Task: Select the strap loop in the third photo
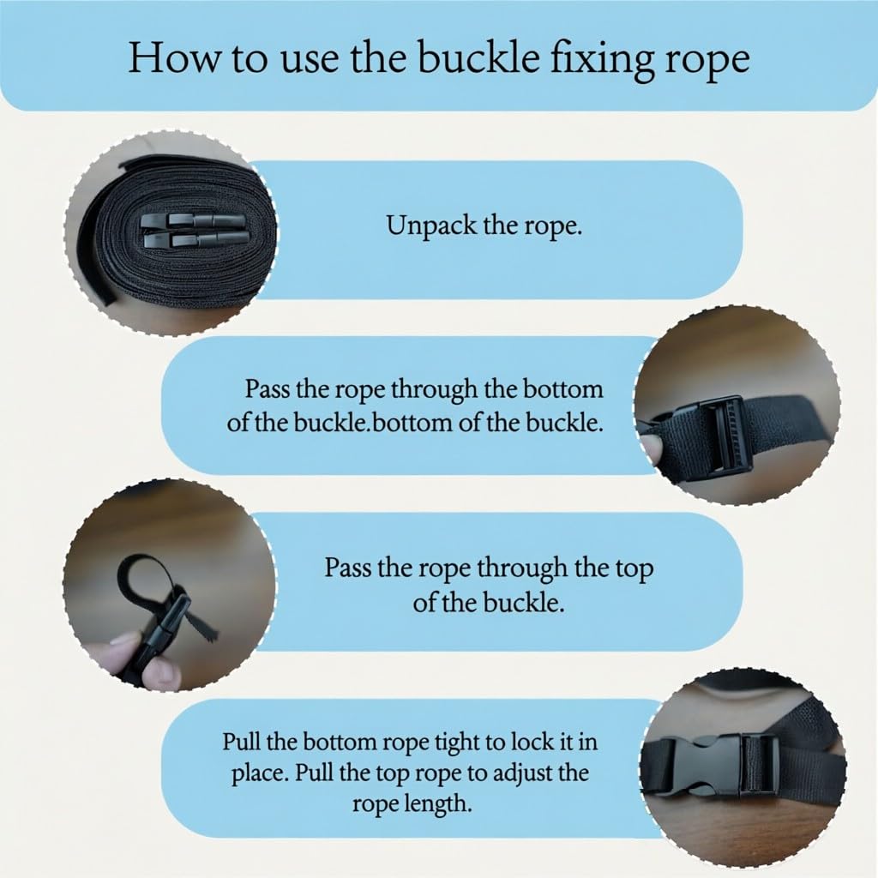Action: pos(144,577)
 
